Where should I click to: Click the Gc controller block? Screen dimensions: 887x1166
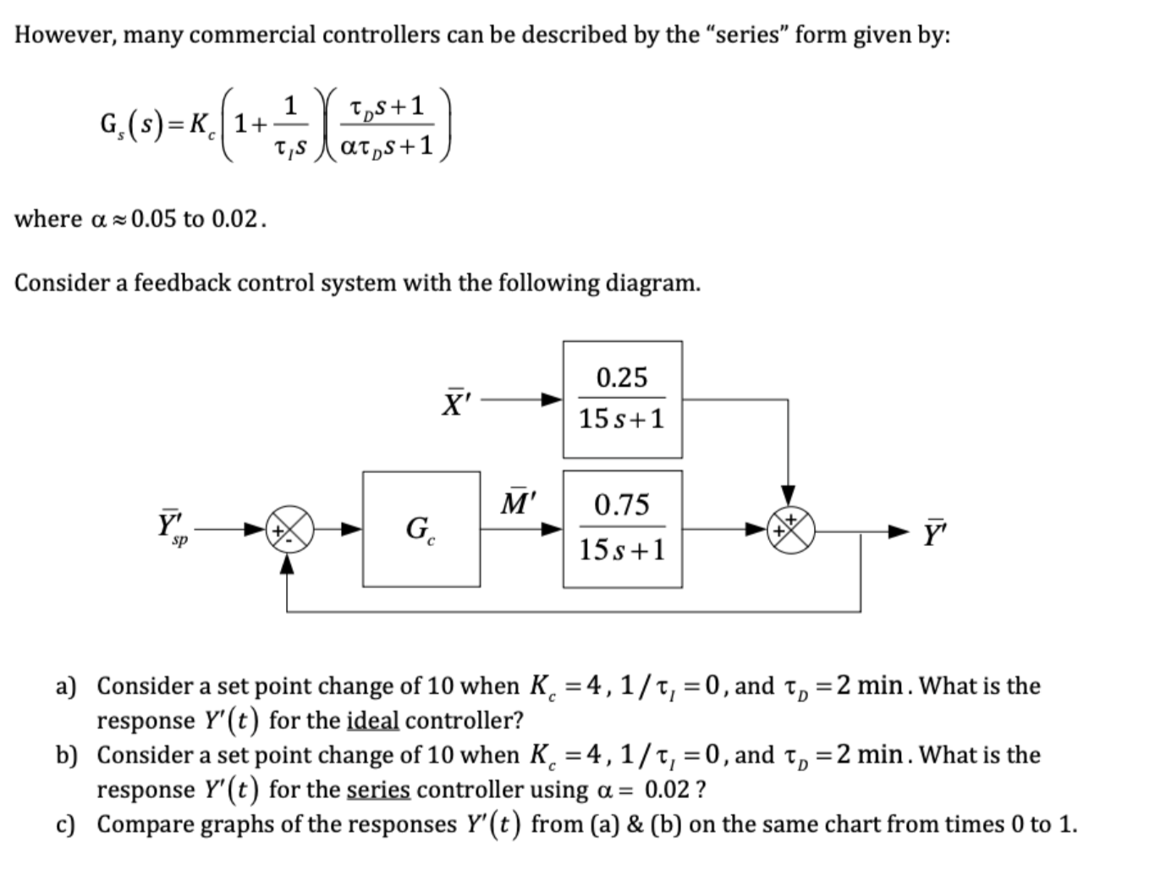421,529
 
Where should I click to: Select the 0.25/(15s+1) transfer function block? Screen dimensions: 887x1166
622,399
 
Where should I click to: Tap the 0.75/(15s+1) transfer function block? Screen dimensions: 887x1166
622,528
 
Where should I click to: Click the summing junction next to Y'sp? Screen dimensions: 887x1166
289,530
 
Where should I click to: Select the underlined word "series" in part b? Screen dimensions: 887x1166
378,790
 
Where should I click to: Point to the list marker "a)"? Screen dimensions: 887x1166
65,686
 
